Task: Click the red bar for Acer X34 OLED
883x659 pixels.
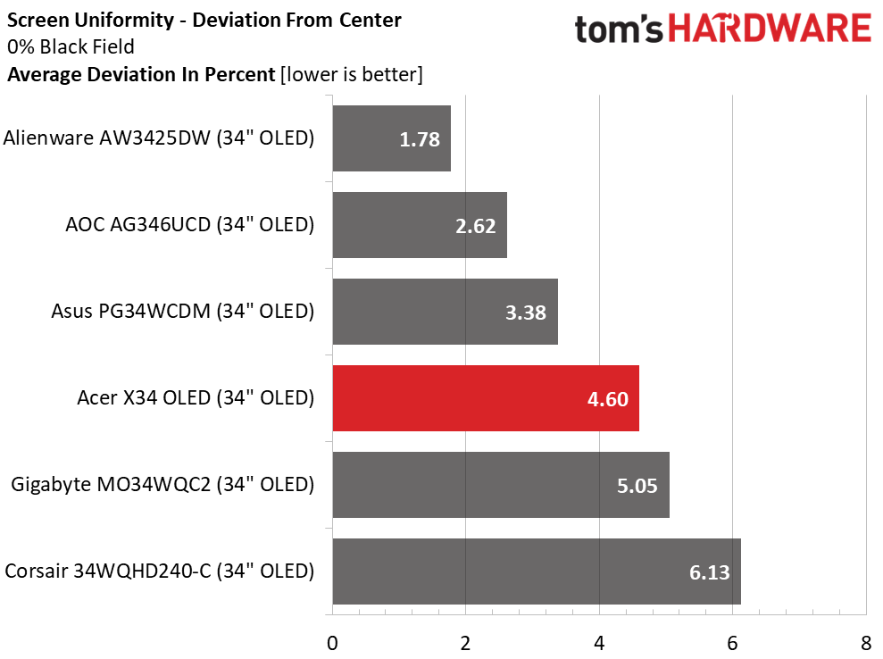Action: [485, 398]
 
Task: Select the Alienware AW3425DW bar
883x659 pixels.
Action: [391, 138]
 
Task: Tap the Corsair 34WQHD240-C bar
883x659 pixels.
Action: [536, 571]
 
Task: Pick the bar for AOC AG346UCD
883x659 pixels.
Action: [420, 225]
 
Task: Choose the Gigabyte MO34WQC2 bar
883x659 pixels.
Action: [500, 485]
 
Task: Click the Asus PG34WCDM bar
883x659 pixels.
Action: [445, 312]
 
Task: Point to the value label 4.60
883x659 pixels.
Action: [609, 399]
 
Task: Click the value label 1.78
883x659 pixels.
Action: [421, 139]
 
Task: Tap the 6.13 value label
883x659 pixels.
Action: [711, 572]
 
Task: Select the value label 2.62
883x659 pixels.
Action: [476, 226]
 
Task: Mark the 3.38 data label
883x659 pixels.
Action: [527, 313]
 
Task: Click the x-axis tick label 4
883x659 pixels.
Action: [599, 642]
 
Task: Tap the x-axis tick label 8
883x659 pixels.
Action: [865, 642]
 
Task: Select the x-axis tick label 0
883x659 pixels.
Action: [332, 642]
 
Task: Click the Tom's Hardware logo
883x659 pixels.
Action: [722, 30]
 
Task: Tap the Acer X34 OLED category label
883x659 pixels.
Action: [196, 398]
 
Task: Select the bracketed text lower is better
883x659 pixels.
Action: [351, 74]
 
